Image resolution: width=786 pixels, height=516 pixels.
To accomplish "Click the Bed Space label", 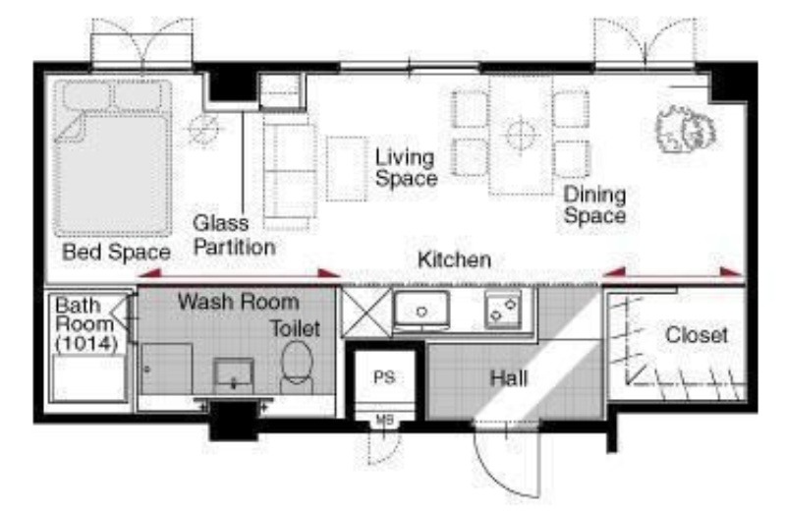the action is click(x=116, y=252).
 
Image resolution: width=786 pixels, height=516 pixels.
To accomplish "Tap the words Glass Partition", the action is click(x=234, y=235).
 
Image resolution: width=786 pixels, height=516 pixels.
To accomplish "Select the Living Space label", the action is click(x=406, y=167).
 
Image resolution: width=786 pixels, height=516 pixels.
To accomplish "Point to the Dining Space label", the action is click(x=594, y=204).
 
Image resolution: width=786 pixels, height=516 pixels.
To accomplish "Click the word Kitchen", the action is click(x=454, y=259).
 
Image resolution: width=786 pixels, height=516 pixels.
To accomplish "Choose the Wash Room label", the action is click(x=239, y=302).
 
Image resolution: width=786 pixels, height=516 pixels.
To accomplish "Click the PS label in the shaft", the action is click(x=384, y=377).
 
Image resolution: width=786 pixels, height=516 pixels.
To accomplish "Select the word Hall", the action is click(x=509, y=378).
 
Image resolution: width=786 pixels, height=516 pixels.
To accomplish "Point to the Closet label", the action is click(x=697, y=335).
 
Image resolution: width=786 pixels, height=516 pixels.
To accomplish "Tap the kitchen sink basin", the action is click(x=421, y=311).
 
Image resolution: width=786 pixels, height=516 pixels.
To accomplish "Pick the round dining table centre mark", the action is click(x=521, y=134).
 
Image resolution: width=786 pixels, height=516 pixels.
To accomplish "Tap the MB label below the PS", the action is click(x=384, y=421).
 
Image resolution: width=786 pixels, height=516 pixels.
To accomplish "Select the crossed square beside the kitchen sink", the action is click(x=365, y=312).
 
